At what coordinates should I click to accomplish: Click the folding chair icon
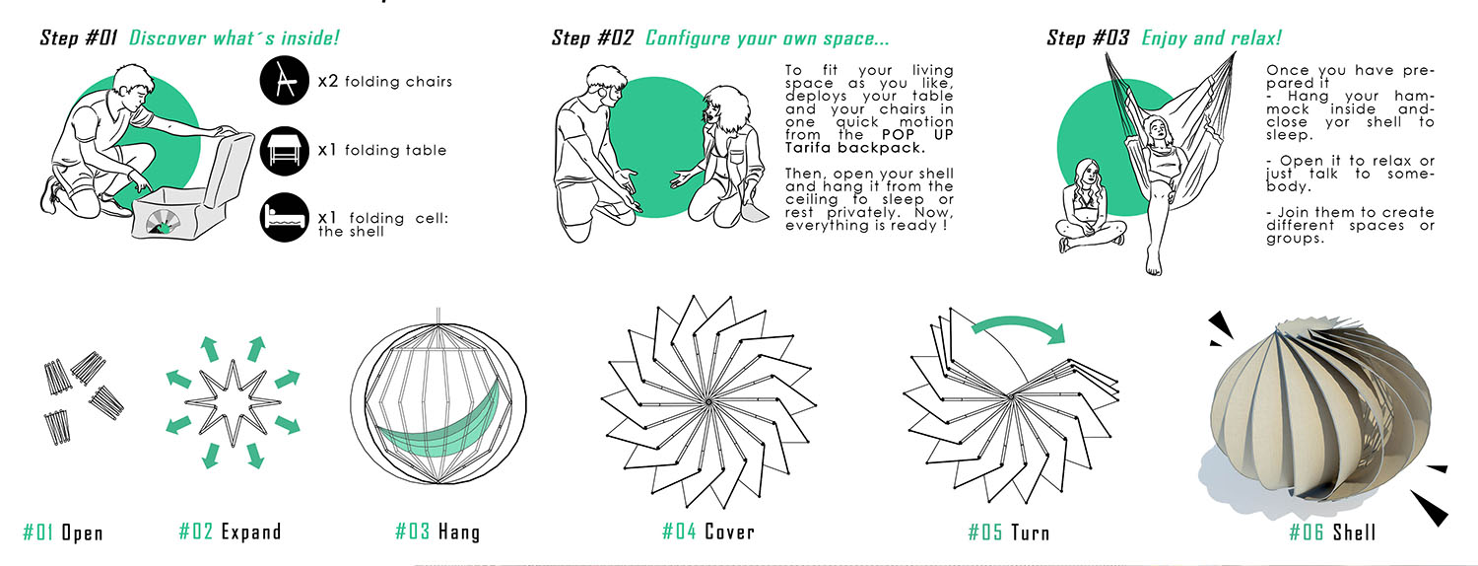pos(285,81)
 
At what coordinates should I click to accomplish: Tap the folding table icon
pos(285,151)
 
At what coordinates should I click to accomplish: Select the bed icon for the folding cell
pos(285,217)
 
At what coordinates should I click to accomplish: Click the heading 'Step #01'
pos(79,37)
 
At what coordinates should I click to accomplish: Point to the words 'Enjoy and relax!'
pos(1211,37)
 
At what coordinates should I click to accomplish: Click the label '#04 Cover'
pos(708,531)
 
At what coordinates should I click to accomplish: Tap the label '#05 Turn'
pos(1008,532)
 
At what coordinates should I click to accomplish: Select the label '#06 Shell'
pos(1332,532)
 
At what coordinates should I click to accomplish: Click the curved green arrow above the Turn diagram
pos(1020,321)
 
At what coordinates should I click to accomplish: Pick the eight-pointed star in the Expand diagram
pos(234,402)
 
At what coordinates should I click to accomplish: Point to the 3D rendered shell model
pos(1318,416)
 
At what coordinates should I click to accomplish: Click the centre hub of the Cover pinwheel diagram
pos(708,401)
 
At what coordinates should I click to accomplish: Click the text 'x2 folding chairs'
pos(385,81)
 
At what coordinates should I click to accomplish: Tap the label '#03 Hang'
pos(437,531)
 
